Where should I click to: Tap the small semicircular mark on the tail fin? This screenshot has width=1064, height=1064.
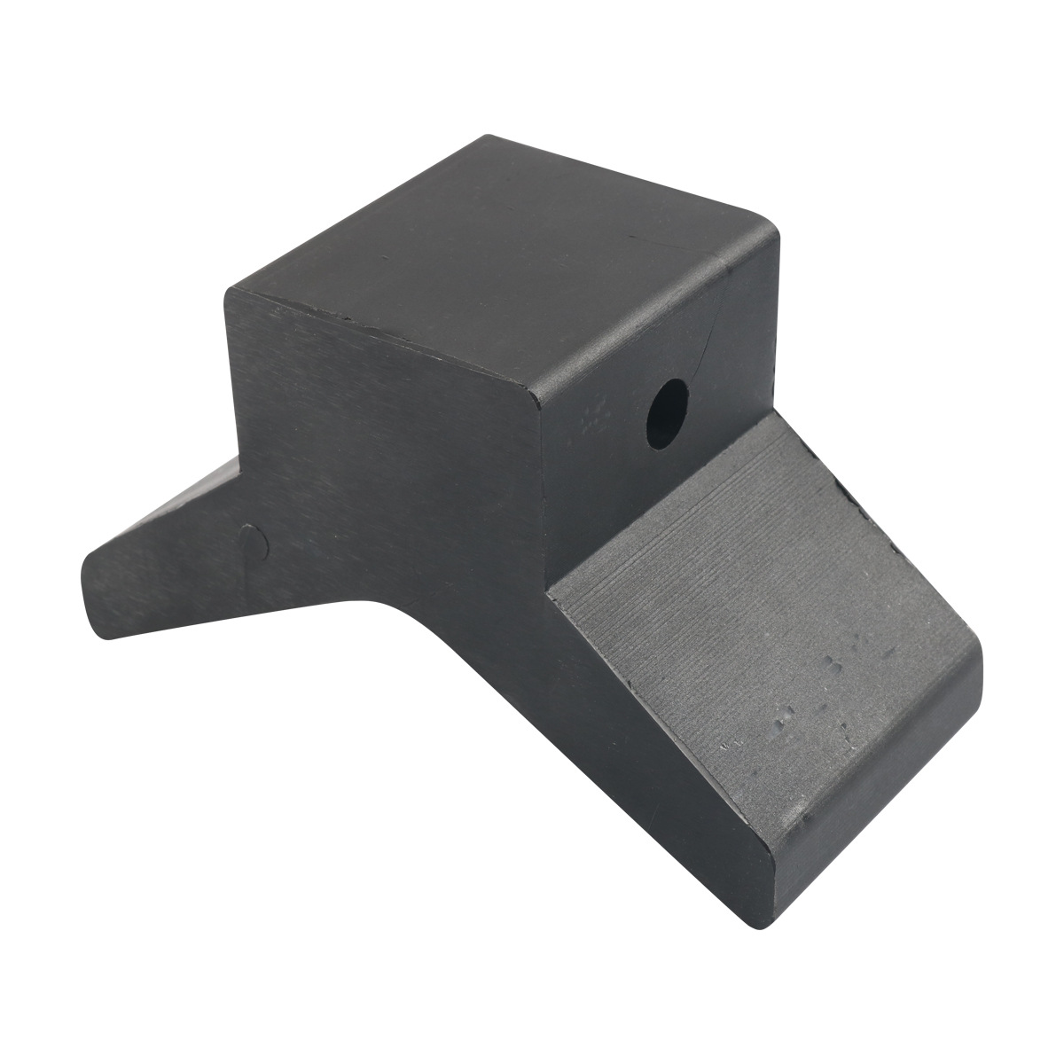coord(254,542)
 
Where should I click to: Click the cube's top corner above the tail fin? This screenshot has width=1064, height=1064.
coord(232,293)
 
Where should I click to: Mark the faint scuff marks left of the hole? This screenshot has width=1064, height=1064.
coord(590,417)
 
